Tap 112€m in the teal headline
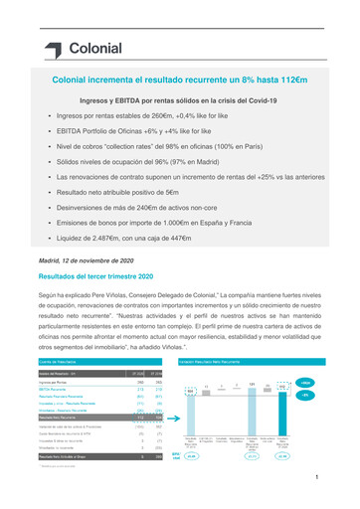(282, 77)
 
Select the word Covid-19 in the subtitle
(257, 100)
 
